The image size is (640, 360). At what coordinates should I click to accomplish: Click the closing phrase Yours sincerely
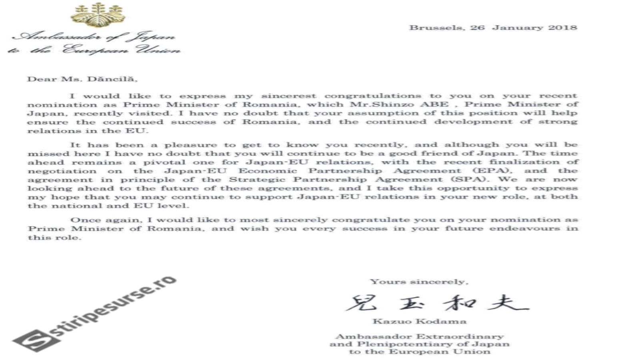[x=419, y=282]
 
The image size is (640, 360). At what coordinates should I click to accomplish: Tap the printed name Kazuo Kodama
[x=419, y=321]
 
